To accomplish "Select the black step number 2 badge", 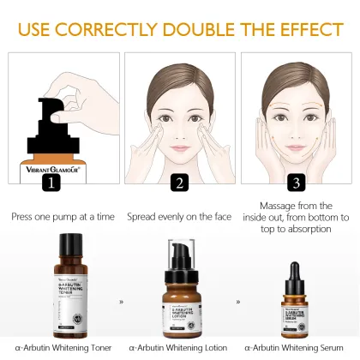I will pyautogui.click(x=179, y=183).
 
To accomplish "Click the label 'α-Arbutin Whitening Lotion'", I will pyautogui.click(x=180, y=347).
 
